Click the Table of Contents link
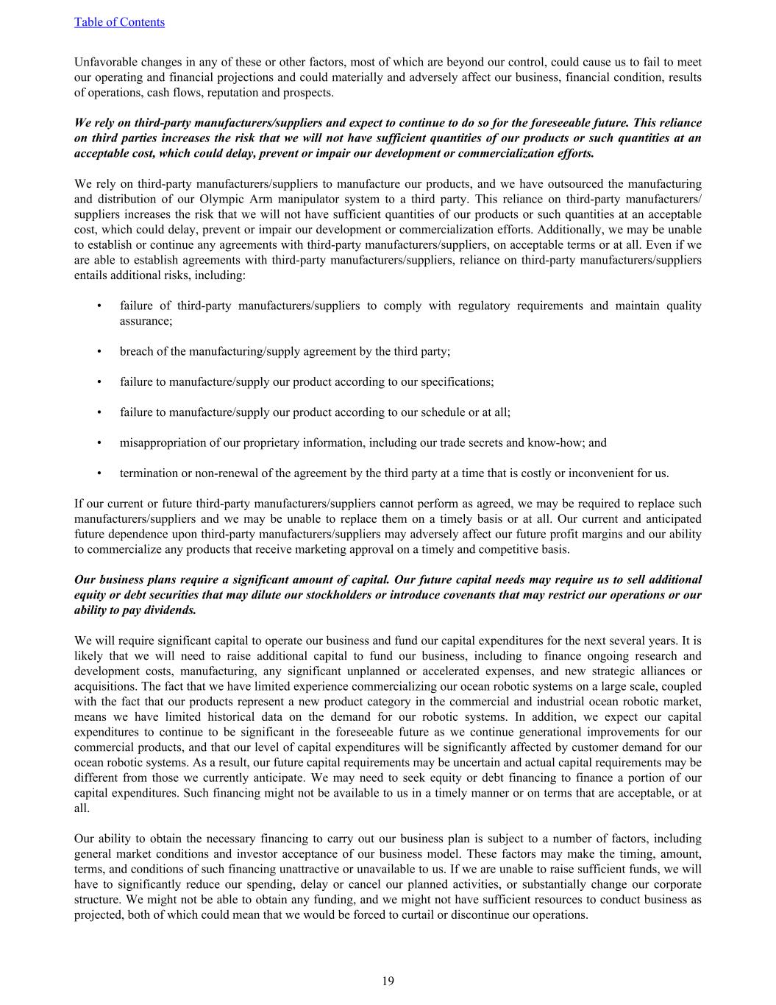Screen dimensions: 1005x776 click(119, 22)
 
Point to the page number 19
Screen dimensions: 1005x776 click(388, 981)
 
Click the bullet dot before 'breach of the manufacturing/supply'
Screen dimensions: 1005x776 click(99, 351)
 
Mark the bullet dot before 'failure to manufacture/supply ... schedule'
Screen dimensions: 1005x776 click(99, 412)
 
